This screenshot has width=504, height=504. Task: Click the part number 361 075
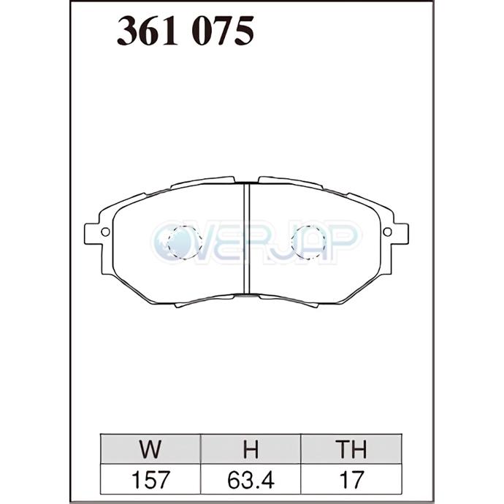(x=186, y=31)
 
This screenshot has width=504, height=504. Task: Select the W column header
(x=150, y=449)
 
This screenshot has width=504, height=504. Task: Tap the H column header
(x=251, y=449)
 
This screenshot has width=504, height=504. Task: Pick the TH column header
(x=351, y=449)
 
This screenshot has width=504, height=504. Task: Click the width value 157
(x=150, y=480)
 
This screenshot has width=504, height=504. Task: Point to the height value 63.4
(x=251, y=480)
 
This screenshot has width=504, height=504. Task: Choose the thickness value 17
(x=351, y=480)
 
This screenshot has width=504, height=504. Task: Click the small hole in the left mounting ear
(x=105, y=232)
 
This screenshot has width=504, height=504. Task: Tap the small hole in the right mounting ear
(x=387, y=232)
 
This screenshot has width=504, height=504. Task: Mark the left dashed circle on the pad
(x=168, y=242)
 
